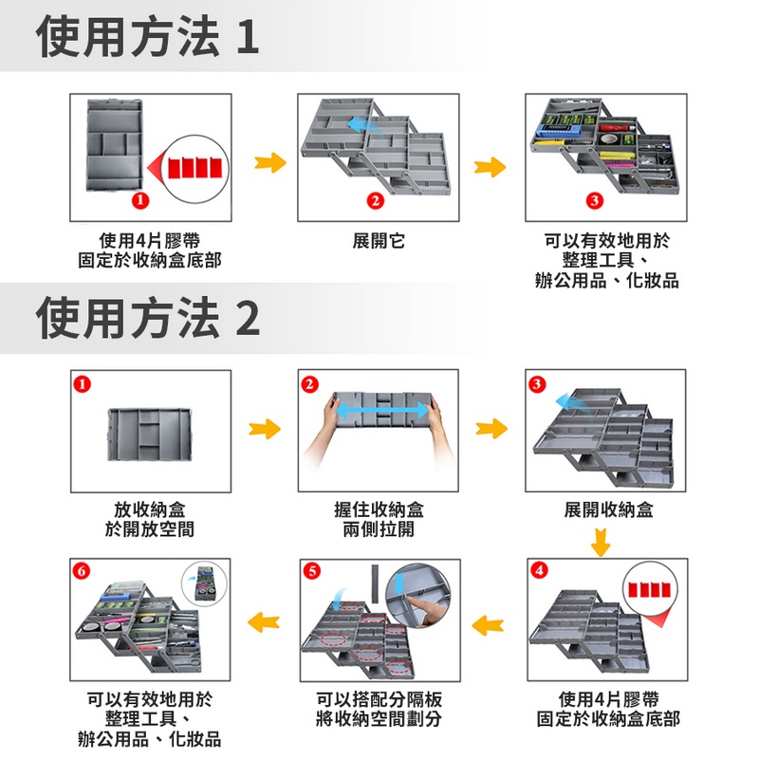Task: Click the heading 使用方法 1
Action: click(x=147, y=37)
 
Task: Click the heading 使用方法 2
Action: click(x=148, y=318)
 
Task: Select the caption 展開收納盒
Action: click(x=608, y=509)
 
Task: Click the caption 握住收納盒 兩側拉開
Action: click(x=379, y=519)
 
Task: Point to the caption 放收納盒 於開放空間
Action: click(x=150, y=519)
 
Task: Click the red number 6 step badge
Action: click(x=82, y=571)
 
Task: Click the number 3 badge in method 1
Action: click(x=593, y=200)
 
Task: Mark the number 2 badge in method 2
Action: click(x=309, y=383)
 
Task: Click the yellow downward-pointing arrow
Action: click(x=599, y=544)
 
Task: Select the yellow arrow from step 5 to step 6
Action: click(x=265, y=621)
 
